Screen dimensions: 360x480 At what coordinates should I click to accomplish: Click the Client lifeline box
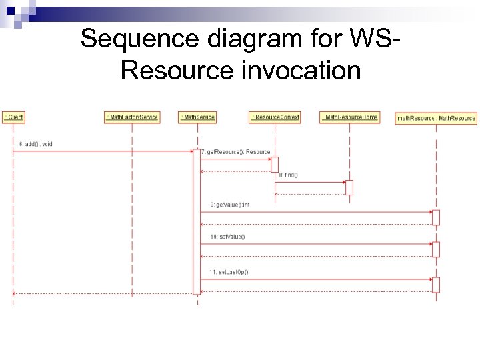point(13,117)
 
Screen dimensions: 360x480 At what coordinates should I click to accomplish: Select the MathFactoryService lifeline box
point(132,117)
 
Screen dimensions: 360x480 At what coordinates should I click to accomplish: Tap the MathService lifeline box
point(197,117)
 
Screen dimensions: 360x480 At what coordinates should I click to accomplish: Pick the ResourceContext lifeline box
point(275,117)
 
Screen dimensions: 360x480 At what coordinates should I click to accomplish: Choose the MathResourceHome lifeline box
point(349,117)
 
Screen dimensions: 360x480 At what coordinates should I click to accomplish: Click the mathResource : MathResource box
point(436,118)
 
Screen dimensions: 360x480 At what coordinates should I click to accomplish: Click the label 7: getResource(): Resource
point(235,152)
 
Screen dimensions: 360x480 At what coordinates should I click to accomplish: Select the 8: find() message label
point(289,175)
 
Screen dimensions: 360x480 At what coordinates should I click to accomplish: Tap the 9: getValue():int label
point(229,205)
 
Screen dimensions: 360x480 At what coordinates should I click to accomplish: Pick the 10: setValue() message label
point(227,237)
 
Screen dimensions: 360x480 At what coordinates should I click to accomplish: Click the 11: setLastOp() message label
point(229,272)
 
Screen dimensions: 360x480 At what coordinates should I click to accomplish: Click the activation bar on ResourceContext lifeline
point(275,164)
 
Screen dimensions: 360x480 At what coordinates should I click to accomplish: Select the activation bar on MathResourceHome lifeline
point(349,187)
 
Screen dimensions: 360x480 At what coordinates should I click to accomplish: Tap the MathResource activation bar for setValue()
point(436,249)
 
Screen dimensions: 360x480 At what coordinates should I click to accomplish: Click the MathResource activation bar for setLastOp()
point(436,285)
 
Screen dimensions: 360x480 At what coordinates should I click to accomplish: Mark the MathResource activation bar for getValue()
point(436,217)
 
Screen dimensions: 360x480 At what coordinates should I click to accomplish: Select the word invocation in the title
point(301,69)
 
